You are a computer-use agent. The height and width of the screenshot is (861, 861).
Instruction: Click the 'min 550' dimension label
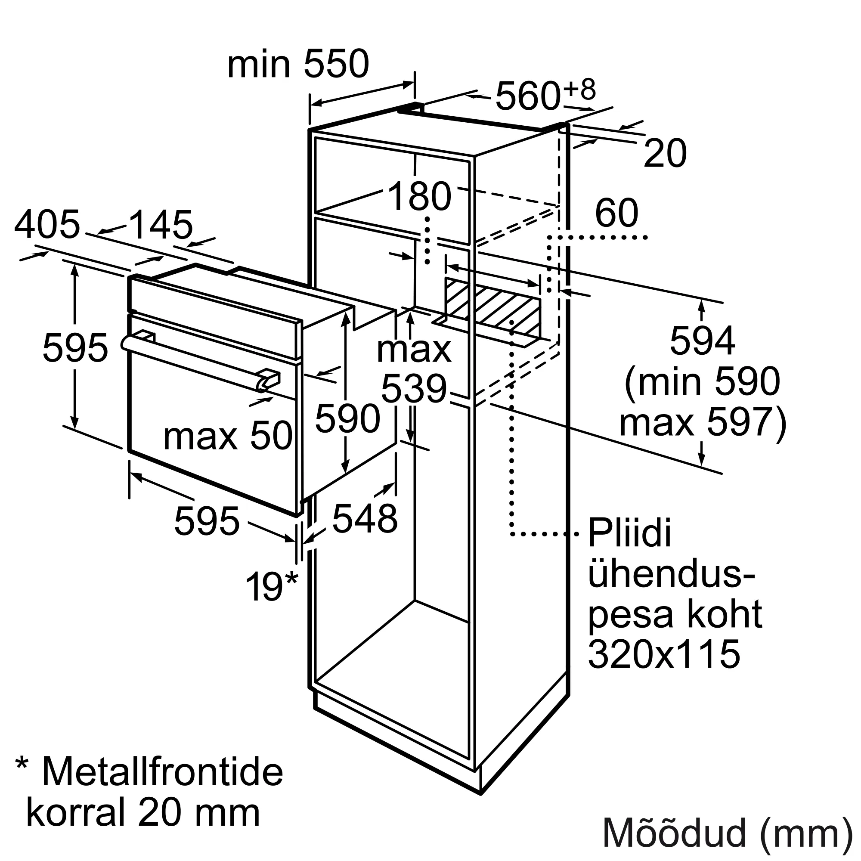[298, 65]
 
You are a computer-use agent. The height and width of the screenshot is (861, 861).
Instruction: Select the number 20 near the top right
[666, 154]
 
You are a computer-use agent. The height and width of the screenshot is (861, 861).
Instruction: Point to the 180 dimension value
[420, 196]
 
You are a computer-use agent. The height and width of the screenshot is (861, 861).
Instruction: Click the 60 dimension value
[617, 213]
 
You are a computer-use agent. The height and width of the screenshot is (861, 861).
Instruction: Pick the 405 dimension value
[47, 224]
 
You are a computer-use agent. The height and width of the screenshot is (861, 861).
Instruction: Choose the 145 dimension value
[161, 225]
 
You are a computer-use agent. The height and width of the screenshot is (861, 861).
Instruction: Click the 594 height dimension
[702, 341]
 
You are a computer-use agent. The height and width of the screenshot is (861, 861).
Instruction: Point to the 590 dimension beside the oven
[347, 418]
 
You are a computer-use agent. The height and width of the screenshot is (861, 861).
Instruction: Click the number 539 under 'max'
[414, 389]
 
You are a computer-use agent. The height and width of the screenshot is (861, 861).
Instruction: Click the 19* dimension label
[271, 586]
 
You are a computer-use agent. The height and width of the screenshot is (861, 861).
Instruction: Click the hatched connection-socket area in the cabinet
[492, 307]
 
